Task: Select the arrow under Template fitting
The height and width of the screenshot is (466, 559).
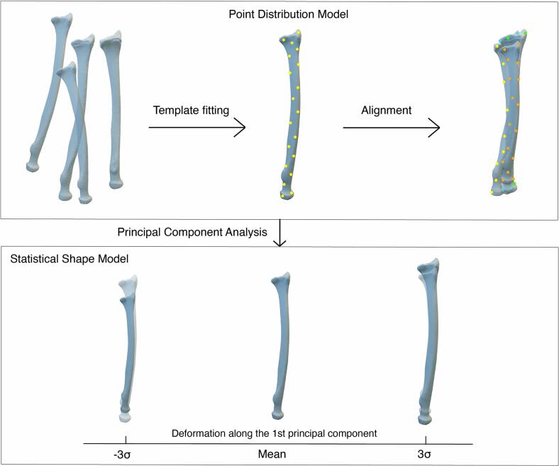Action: [197, 128]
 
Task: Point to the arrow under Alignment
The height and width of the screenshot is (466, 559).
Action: [391, 128]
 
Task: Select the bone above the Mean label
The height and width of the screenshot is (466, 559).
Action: [277, 348]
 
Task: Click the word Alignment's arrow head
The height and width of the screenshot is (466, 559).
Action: [436, 128]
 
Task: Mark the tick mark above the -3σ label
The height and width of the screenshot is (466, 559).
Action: [126, 440]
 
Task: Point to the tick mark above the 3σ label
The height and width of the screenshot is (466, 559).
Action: [426, 440]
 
